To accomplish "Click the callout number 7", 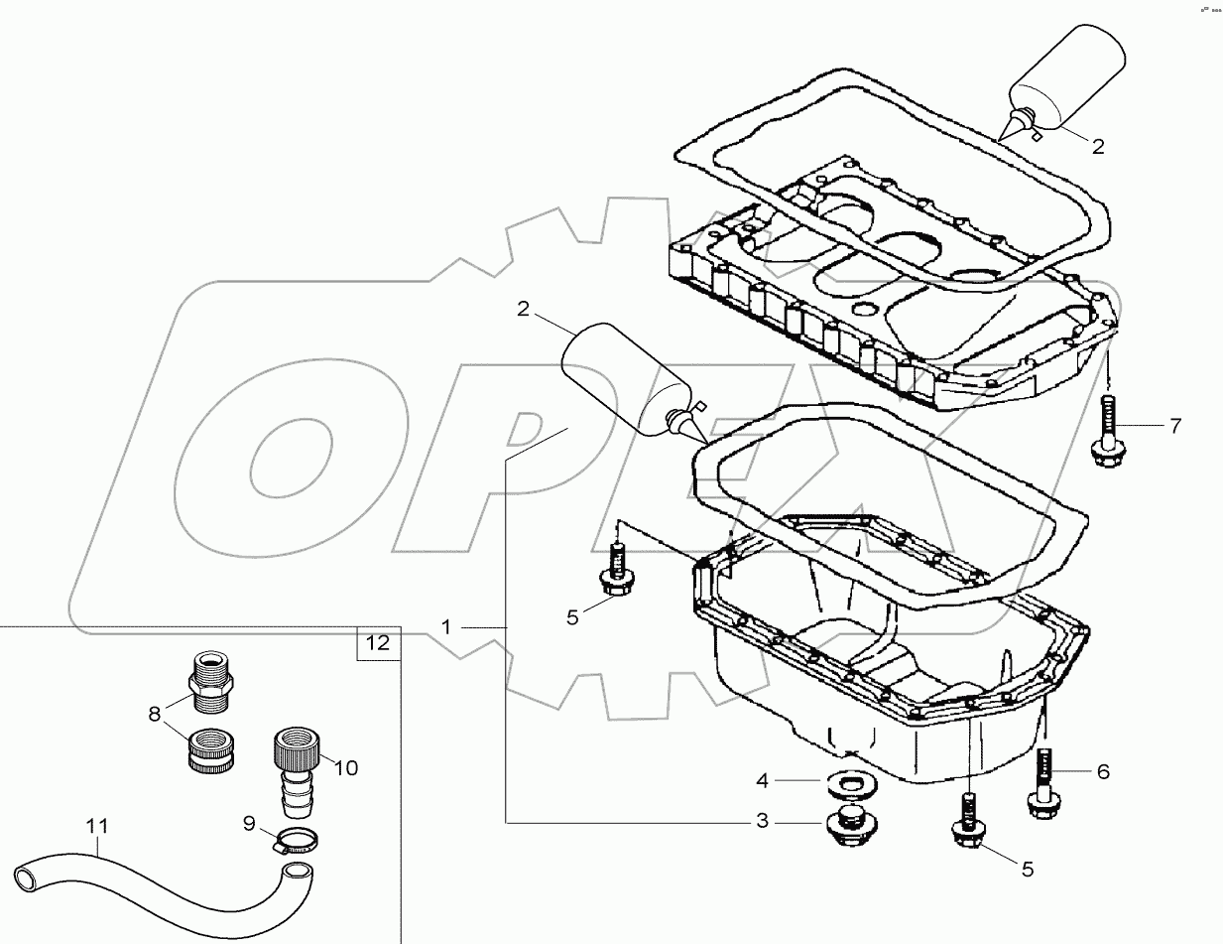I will click(x=1174, y=427).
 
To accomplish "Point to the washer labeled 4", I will click(x=845, y=784).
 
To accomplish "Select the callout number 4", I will click(x=762, y=781).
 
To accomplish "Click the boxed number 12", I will click(x=378, y=643).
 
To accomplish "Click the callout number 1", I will click(x=446, y=626).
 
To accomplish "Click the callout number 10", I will click(x=346, y=767).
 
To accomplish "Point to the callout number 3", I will click(x=762, y=822).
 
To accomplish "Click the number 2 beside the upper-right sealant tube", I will click(x=1097, y=146).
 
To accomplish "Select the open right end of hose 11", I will click(x=295, y=873).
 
